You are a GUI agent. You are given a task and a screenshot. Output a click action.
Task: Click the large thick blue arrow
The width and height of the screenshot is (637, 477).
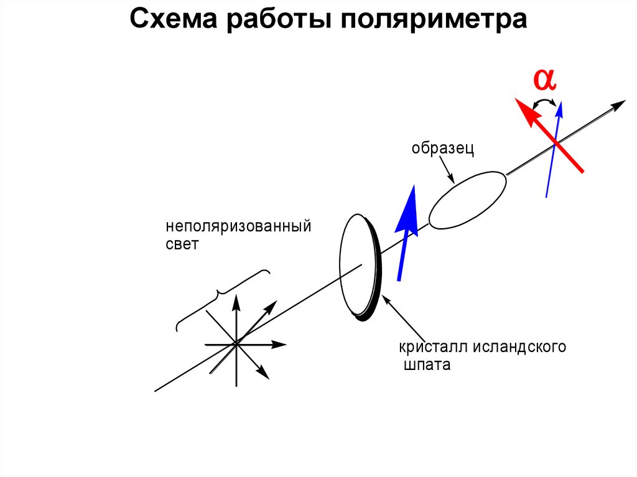point(405,233)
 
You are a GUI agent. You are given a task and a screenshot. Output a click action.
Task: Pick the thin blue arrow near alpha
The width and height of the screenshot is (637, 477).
point(553,149)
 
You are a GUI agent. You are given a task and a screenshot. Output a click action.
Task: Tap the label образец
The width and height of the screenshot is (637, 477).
point(443,149)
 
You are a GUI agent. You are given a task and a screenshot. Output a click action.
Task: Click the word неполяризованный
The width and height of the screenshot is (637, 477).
point(238,225)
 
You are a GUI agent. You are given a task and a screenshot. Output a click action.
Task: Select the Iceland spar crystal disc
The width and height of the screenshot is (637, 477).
point(358,266)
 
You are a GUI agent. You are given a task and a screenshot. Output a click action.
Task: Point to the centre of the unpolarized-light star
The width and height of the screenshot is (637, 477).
point(236,343)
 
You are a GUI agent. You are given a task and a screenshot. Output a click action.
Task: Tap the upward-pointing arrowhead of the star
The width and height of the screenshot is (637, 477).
point(236,301)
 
